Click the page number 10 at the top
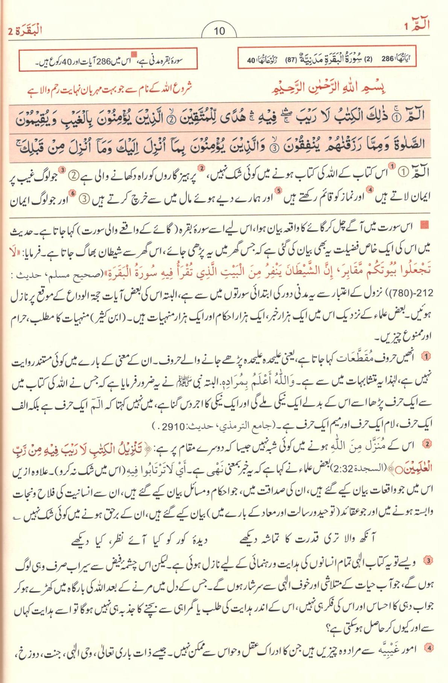tap(219, 31)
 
